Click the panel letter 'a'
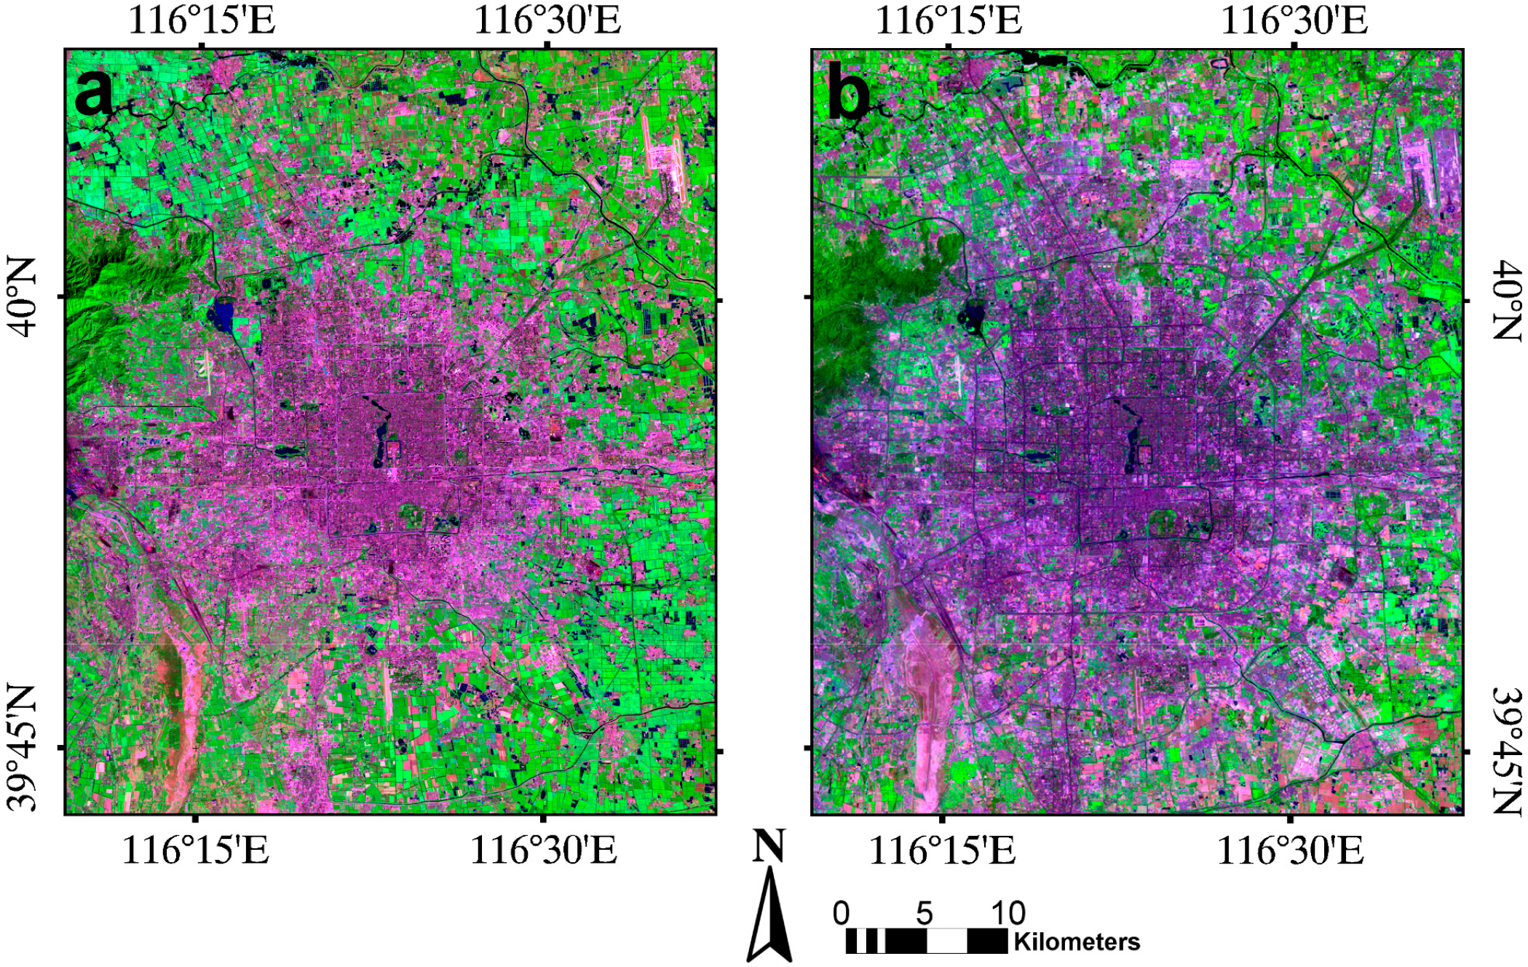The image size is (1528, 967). (x=94, y=92)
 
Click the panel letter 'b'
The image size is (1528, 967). (x=849, y=95)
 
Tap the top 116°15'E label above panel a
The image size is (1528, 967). (x=202, y=20)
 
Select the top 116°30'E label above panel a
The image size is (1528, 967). (x=547, y=20)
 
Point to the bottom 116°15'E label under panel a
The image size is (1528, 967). (x=195, y=850)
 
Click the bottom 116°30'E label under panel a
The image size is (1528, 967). (x=543, y=850)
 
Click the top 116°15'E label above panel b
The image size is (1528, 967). (x=948, y=20)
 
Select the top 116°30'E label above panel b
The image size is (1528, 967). (x=1294, y=20)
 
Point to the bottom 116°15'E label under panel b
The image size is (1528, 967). (x=942, y=850)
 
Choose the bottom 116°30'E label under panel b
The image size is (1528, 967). (x=1290, y=850)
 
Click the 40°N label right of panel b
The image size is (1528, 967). (x=1506, y=300)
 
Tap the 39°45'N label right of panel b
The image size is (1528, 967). (x=1506, y=750)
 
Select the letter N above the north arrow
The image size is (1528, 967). (x=769, y=847)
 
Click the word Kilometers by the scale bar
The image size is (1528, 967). (x=1077, y=942)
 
